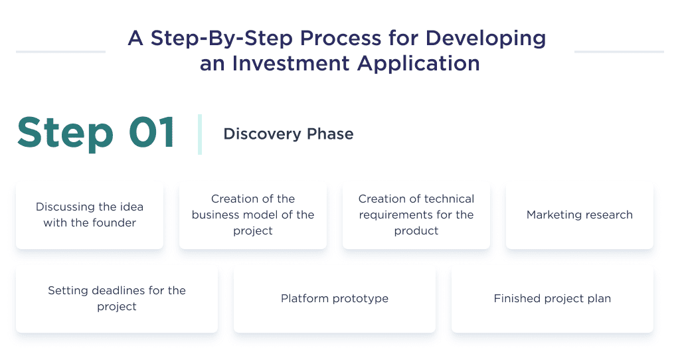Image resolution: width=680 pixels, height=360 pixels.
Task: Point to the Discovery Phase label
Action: [288, 134]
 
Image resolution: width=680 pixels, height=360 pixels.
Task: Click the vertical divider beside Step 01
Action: [200, 134]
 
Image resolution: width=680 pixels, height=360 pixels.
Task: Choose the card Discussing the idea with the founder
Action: [90, 215]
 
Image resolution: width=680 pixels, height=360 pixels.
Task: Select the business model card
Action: [253, 215]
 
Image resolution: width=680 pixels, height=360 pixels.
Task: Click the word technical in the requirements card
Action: [441, 199]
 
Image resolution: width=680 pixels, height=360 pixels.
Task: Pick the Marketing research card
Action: [579, 215]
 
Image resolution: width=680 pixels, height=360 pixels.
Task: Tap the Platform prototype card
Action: [335, 299]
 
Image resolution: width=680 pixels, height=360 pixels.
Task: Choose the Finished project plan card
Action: [552, 299]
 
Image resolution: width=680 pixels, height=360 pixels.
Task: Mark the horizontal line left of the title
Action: [60, 51]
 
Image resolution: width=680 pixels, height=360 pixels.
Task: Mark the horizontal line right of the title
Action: [619, 51]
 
